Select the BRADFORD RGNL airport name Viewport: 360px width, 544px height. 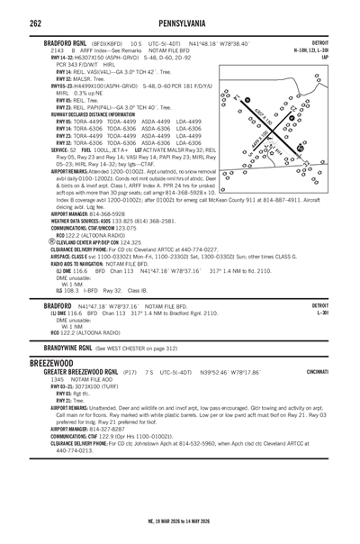(x=75, y=43)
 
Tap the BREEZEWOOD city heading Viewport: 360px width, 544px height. (x=53, y=359)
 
